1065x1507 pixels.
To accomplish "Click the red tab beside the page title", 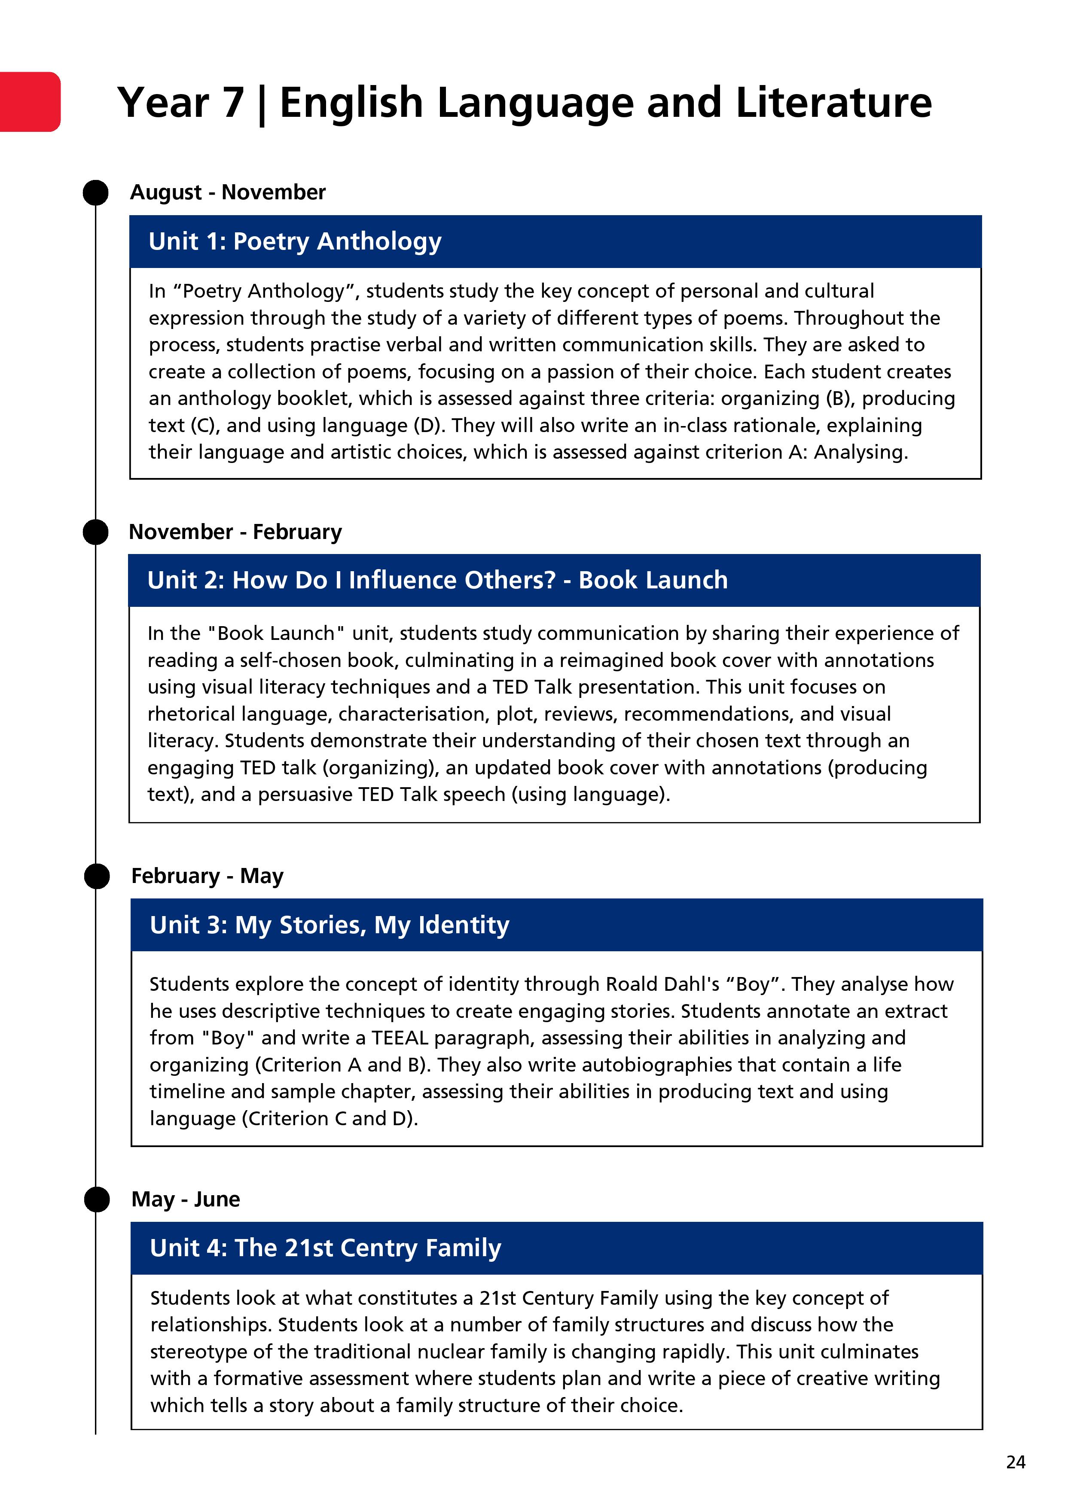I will pos(30,102).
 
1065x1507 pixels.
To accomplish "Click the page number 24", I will pos(1015,1462).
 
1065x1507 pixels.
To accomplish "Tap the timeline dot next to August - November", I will pos(96,192).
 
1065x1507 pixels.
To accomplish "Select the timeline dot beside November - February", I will pos(96,532).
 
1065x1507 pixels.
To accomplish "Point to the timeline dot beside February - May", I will pos(97,876).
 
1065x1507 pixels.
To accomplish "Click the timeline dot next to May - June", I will pos(97,1199).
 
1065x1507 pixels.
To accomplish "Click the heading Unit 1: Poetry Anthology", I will pos(295,241).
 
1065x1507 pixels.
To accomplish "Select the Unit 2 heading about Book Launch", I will pos(437,580).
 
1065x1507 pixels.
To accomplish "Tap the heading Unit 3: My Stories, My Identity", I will pos(329,925).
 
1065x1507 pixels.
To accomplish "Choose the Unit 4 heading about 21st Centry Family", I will pos(325,1248).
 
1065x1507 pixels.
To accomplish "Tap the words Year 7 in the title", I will pos(180,103).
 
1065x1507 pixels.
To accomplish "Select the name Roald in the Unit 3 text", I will pos(634,984).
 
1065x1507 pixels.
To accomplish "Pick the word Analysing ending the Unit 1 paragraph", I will pos(860,452).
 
